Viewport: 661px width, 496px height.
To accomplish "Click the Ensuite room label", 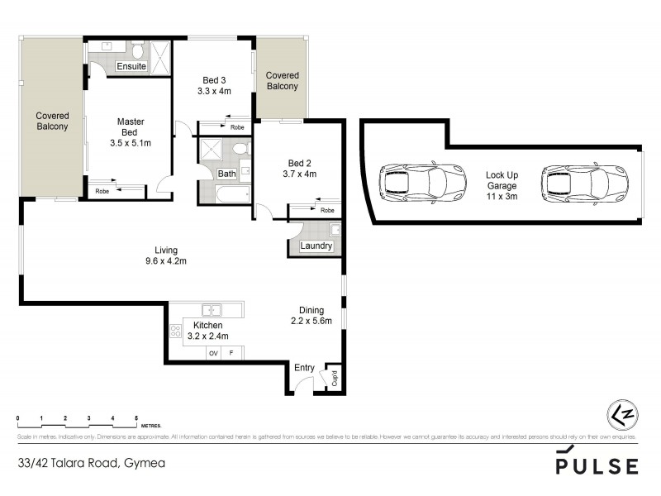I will point(131,66).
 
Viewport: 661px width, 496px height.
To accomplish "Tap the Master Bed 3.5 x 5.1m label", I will point(130,132).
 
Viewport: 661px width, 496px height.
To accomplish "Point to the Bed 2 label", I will point(298,169).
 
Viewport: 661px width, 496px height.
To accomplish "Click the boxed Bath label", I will point(226,174).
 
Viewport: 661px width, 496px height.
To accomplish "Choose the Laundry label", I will point(316,246).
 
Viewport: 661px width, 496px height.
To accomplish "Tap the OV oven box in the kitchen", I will point(214,354).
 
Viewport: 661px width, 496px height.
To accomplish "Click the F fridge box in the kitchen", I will point(232,354).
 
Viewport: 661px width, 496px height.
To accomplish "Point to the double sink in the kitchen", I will point(213,310).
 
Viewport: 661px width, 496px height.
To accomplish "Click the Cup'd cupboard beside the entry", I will point(334,379).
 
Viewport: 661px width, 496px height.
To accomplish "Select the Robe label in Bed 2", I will point(327,210).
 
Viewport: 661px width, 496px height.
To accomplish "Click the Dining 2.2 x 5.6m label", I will point(311,316).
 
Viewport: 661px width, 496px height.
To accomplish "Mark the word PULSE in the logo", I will point(597,466).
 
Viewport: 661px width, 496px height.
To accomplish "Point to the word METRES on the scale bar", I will point(150,421).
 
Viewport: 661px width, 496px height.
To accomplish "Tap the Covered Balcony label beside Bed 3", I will point(282,81).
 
